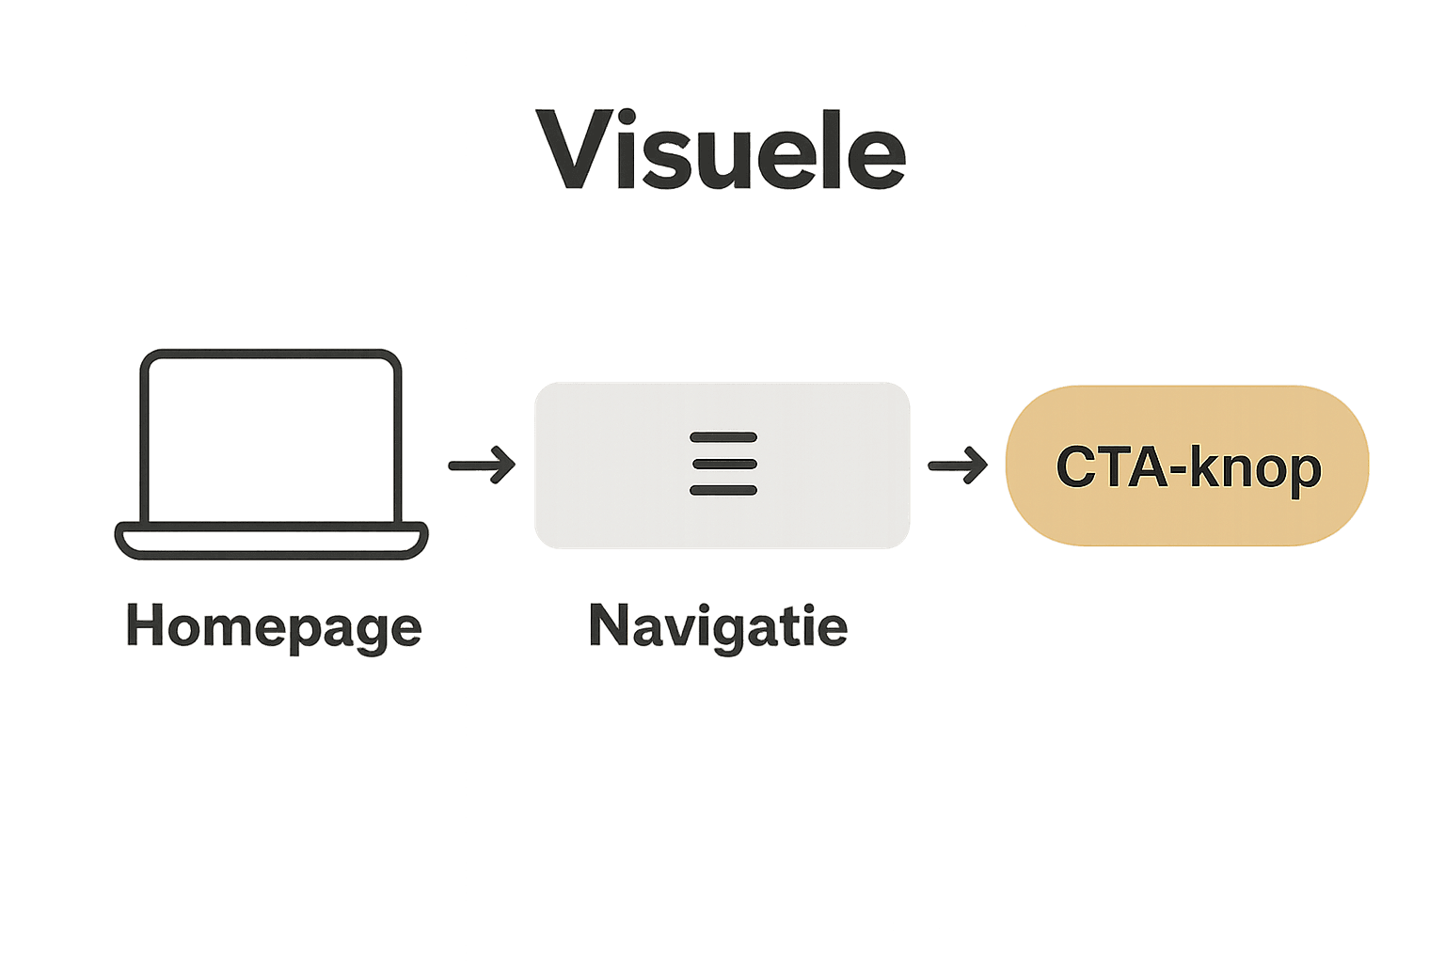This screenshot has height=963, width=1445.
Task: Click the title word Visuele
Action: [721, 150]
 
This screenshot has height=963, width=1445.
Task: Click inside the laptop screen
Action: [271, 438]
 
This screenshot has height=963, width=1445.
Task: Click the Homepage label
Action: [274, 627]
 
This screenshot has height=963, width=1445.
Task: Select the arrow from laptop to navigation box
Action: [482, 465]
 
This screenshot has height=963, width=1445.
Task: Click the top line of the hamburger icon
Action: [722, 437]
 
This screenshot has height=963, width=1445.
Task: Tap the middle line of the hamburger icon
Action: [722, 464]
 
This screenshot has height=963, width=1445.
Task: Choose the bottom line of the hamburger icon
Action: [722, 490]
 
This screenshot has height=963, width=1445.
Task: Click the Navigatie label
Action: [718, 625]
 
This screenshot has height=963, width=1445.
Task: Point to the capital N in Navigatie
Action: [609, 624]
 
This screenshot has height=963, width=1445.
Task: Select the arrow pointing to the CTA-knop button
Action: [958, 465]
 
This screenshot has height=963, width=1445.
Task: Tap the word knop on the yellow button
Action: [1256, 467]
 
